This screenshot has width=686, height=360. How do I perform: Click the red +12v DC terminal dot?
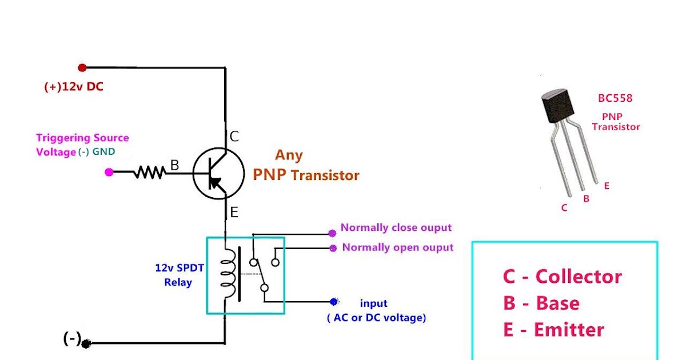click(x=82, y=67)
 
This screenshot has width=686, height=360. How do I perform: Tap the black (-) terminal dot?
click(x=86, y=343)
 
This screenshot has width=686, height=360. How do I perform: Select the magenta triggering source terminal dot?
click(x=109, y=171)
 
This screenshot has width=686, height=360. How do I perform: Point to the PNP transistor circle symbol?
click(x=215, y=174)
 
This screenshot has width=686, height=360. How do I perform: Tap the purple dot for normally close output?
click(x=332, y=233)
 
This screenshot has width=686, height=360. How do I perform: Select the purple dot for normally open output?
click(x=333, y=248)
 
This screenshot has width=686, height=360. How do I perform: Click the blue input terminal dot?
click(x=334, y=302)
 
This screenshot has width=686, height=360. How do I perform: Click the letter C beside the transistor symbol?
click(x=234, y=137)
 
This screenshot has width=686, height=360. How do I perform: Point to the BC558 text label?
click(x=615, y=98)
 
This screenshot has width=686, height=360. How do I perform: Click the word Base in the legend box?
click(x=557, y=303)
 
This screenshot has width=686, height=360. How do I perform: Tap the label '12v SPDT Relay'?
click(x=178, y=275)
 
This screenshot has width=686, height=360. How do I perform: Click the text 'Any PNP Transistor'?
click(x=306, y=166)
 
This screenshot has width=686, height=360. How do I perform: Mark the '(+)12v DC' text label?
click(x=74, y=87)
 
